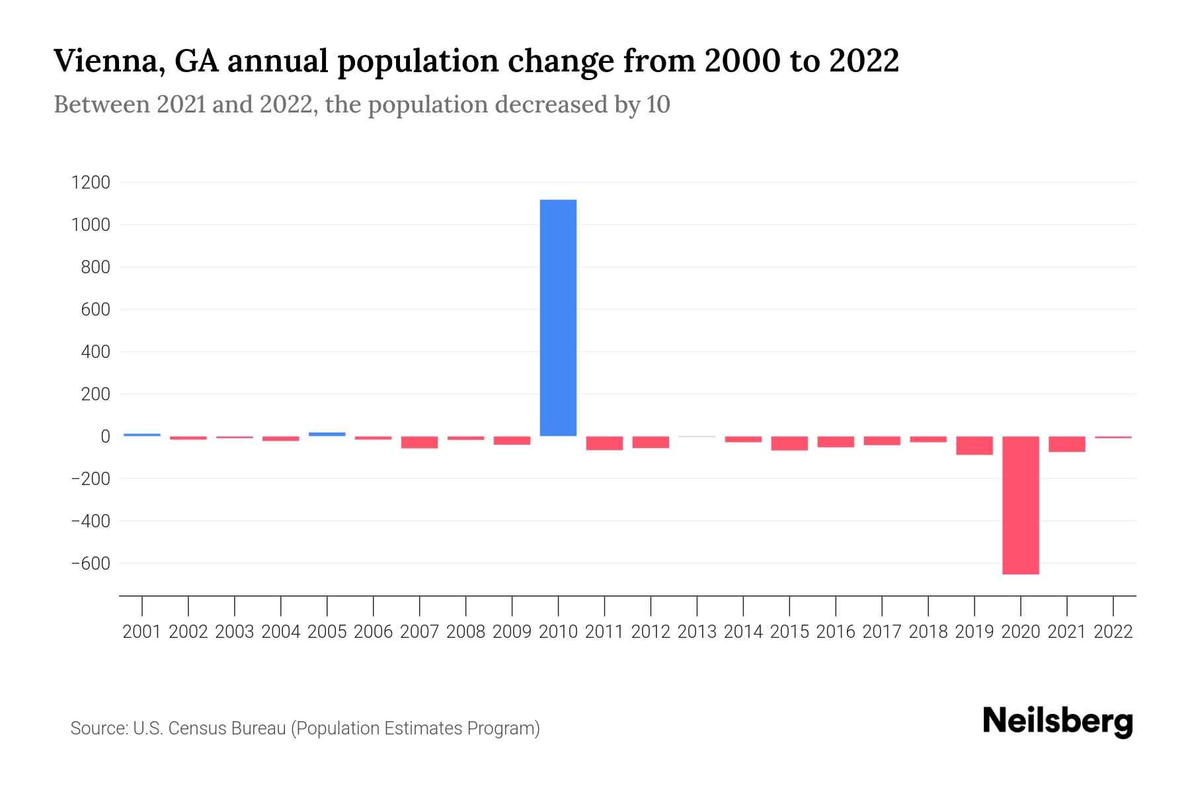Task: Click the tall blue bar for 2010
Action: (x=558, y=318)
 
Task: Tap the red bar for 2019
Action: (x=974, y=445)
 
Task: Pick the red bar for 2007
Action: (x=419, y=442)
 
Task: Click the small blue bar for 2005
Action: (x=327, y=434)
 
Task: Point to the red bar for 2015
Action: (x=789, y=443)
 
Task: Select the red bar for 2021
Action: (x=1066, y=444)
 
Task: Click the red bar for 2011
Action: (x=604, y=443)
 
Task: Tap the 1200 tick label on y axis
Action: (x=91, y=183)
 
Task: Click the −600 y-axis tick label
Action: (x=91, y=564)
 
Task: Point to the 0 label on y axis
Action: (x=104, y=437)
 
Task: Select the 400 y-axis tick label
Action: (x=96, y=352)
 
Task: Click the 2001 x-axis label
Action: (x=142, y=632)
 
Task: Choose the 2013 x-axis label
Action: (x=697, y=632)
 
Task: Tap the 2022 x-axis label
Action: (x=1113, y=632)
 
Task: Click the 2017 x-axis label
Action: (x=882, y=632)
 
